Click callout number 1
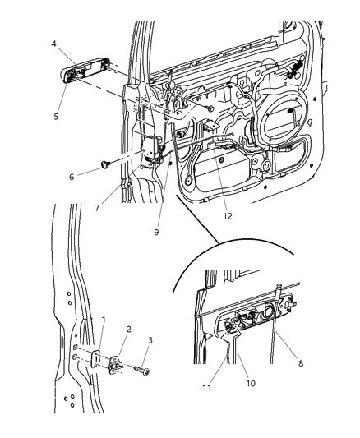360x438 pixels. click(x=103, y=319)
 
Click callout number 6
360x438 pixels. click(x=72, y=176)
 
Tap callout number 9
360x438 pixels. click(x=157, y=231)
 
